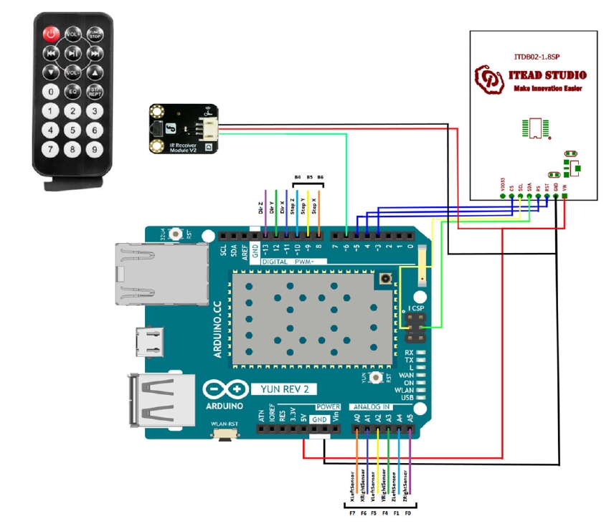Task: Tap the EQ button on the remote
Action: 72,91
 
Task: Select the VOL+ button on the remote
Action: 72,34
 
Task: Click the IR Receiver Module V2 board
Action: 184,128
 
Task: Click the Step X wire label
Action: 320,207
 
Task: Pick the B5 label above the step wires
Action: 310,176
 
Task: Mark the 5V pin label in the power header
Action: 304,416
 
